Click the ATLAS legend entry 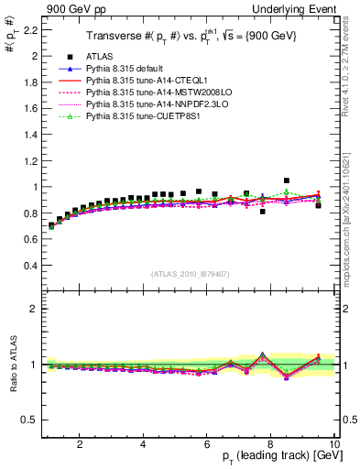point(101,58)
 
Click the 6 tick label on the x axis point(207,444)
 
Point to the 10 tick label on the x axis point(333,444)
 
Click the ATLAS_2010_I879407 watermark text point(189,273)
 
